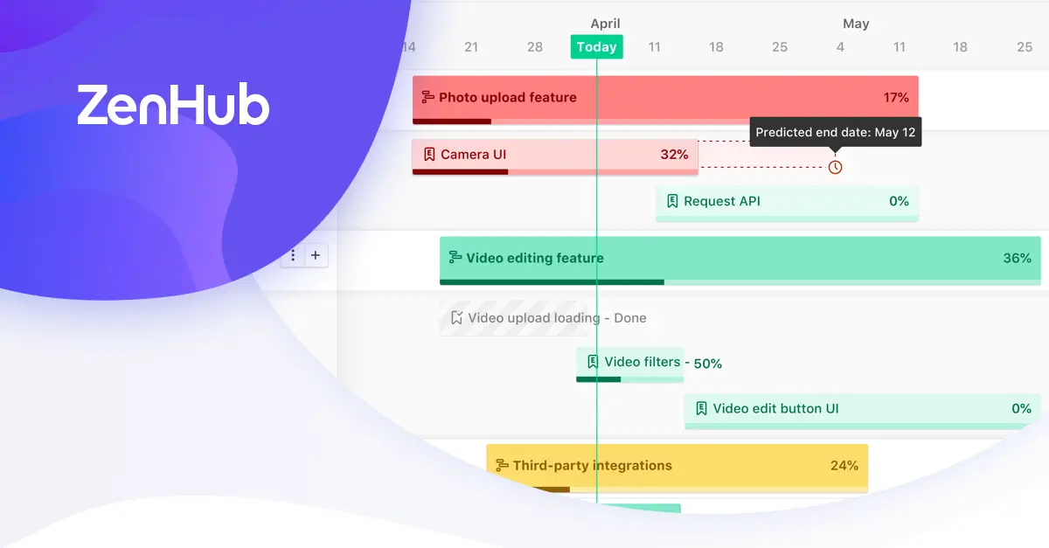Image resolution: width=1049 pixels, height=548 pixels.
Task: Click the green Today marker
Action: pyautogui.click(x=596, y=47)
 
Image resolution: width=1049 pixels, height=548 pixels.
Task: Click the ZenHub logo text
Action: pyautogui.click(x=173, y=105)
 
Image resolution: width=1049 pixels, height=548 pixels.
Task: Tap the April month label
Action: pyautogui.click(x=605, y=24)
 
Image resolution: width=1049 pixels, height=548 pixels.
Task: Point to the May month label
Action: pyautogui.click(x=856, y=24)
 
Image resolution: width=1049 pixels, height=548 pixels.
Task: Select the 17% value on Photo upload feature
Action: pyautogui.click(x=896, y=97)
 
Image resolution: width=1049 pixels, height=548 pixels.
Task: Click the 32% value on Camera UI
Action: pyautogui.click(x=674, y=155)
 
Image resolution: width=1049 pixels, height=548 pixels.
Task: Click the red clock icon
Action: pyautogui.click(x=835, y=167)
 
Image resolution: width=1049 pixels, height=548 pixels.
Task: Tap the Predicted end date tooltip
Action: pyautogui.click(x=836, y=132)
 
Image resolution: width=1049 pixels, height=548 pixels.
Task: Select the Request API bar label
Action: pyautogui.click(x=722, y=201)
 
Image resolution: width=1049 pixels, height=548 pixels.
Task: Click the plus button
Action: pyautogui.click(x=316, y=255)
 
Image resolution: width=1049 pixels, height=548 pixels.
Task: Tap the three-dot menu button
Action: pyautogui.click(x=293, y=255)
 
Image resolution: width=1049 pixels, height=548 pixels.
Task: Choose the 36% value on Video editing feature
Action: pyautogui.click(x=1018, y=258)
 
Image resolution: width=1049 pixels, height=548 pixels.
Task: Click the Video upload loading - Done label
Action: pyautogui.click(x=558, y=318)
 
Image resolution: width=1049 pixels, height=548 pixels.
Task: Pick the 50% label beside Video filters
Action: pyautogui.click(x=707, y=364)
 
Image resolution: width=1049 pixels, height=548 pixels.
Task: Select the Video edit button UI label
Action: pyautogui.click(x=775, y=408)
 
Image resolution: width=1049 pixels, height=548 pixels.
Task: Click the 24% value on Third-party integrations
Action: pyautogui.click(x=844, y=466)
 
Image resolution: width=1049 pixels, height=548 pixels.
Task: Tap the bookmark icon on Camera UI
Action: pyautogui.click(x=429, y=155)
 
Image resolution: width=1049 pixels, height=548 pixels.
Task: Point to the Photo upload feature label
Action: pyautogui.click(x=508, y=97)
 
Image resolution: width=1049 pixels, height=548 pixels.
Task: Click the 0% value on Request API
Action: pyautogui.click(x=899, y=201)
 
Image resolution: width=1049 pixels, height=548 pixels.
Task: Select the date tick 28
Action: pyautogui.click(x=535, y=47)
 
